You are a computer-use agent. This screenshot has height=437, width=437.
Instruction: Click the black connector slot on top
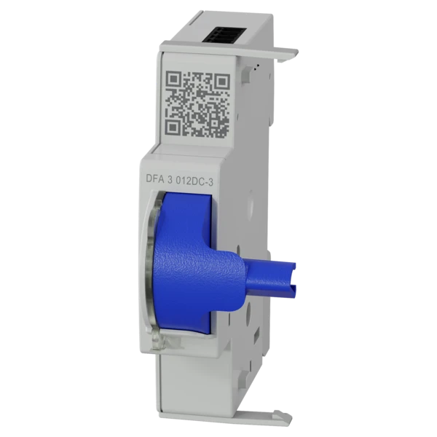tap(225, 35)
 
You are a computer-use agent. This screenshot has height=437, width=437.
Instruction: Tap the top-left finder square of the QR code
tap(174, 79)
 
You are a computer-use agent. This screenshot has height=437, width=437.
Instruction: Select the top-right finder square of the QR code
tap(222, 81)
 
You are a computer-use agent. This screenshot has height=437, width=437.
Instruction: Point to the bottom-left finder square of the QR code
tap(173, 127)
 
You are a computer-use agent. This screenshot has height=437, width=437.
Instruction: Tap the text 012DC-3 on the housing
tap(194, 181)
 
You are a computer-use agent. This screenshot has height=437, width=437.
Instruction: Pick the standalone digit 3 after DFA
tap(170, 180)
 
